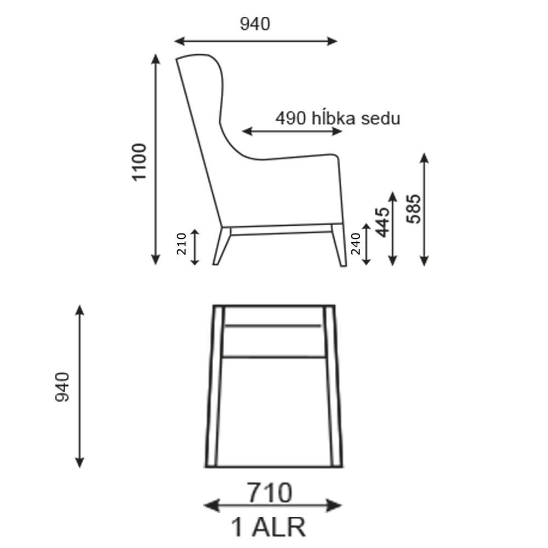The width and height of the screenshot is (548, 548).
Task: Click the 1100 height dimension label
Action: tap(139, 162)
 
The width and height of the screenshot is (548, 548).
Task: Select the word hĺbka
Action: tap(333, 118)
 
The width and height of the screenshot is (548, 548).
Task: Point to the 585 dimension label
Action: tap(414, 209)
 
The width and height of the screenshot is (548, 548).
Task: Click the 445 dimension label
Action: tap(383, 222)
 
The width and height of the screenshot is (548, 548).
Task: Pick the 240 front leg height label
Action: tap(356, 244)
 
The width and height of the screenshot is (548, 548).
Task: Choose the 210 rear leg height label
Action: tap(182, 244)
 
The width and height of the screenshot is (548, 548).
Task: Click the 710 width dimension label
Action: tap(270, 493)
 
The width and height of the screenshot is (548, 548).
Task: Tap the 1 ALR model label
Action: tap(269, 527)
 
